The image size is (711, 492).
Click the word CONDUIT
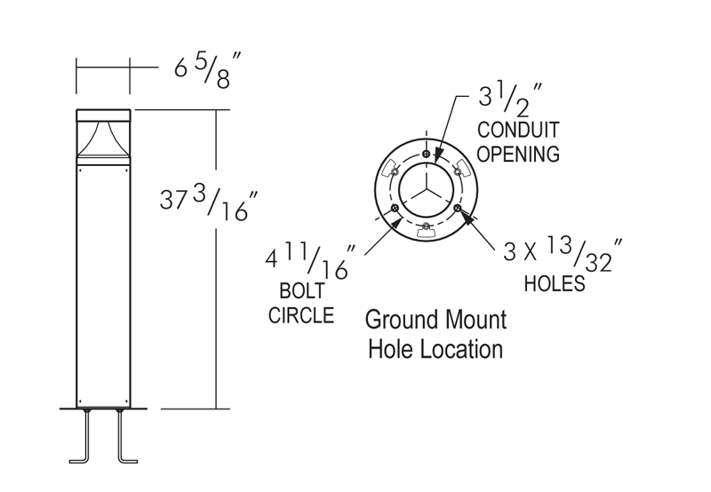click(518, 131)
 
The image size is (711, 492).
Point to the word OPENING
click(518, 153)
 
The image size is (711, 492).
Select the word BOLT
click(303, 292)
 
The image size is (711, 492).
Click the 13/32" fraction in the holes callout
click(579, 252)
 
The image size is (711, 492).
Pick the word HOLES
click(555, 284)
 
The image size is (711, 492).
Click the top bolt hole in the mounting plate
click(427, 155)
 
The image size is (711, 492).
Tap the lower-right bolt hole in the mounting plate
click(458, 208)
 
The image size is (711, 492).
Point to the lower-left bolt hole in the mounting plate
click(395, 208)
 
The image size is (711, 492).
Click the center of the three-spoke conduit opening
click(427, 189)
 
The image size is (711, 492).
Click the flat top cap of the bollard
click(104, 114)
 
